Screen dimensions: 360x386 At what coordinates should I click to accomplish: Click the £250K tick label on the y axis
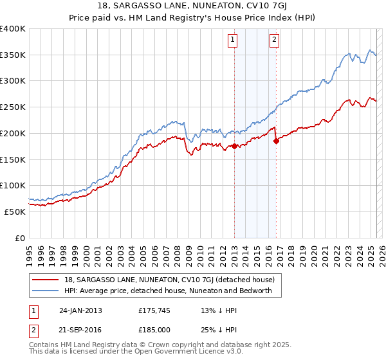pos(12,107)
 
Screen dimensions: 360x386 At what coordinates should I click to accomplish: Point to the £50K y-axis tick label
pos(14,212)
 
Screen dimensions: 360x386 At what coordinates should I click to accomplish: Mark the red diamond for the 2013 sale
pos(234,146)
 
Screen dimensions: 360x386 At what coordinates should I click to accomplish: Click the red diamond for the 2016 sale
pos(276,141)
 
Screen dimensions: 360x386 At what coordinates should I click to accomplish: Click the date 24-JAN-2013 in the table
pos(80,310)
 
